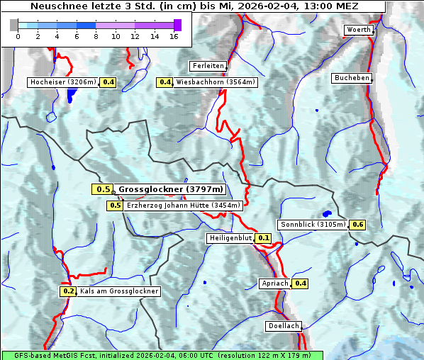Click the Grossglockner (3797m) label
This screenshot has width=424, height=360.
tap(171, 189)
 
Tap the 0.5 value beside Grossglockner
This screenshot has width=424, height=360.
tap(103, 189)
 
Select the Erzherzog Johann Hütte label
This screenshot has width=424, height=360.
tap(183, 206)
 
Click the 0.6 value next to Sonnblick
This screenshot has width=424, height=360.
tap(358, 225)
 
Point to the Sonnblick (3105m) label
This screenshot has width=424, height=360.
tap(313, 225)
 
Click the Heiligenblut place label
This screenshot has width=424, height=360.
tap(230, 238)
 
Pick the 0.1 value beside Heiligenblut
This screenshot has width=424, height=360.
tap(264, 238)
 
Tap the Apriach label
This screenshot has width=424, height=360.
tap(275, 283)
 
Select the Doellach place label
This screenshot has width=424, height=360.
tap(284, 326)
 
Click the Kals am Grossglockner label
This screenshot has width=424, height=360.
tap(119, 291)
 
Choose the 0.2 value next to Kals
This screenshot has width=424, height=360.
tap(68, 291)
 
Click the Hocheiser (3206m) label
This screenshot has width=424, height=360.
tap(63, 82)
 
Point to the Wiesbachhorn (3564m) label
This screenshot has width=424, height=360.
tap(216, 82)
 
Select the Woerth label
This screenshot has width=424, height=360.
tap(358, 30)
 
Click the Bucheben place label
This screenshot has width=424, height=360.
tap(352, 78)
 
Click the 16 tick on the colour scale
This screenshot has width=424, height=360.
tap(174, 36)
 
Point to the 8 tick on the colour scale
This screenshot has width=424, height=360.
tap(96, 36)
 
